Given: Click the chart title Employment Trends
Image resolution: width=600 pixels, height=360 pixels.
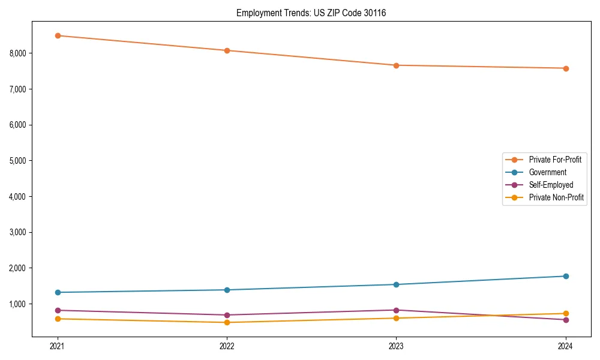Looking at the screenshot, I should click(x=311, y=13).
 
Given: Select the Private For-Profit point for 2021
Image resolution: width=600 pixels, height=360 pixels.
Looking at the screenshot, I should click(x=58, y=35).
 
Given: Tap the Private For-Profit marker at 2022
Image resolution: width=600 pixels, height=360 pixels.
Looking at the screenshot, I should click(x=227, y=50).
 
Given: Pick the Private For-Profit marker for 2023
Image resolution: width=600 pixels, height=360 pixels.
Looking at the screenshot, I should click(x=396, y=65).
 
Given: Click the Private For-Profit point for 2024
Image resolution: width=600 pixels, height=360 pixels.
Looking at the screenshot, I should click(x=566, y=68).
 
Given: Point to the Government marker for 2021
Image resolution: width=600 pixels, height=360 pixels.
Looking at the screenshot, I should click(x=58, y=292).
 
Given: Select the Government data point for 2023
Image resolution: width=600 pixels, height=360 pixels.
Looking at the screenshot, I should click(x=396, y=284).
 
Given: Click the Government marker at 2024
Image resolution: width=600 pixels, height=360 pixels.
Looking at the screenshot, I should click(x=566, y=276).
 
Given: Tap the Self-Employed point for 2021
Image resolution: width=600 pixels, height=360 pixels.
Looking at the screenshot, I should click(x=58, y=310).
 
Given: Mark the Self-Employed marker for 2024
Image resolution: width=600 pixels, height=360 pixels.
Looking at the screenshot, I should click(x=566, y=320).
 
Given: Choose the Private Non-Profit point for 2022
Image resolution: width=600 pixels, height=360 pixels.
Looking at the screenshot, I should click(x=227, y=322).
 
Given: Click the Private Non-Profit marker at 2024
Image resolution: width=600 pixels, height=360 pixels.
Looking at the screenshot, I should click(x=566, y=313).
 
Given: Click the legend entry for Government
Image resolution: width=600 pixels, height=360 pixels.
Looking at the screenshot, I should click(x=547, y=172).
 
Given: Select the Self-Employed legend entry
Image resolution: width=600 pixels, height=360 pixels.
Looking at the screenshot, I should click(x=551, y=185).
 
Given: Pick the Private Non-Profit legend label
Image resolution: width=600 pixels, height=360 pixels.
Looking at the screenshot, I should click(x=556, y=197).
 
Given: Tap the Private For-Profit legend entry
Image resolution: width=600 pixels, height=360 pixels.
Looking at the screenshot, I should click(x=555, y=160).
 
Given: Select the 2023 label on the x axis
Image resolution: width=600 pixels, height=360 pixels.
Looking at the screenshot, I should click(x=396, y=346).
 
